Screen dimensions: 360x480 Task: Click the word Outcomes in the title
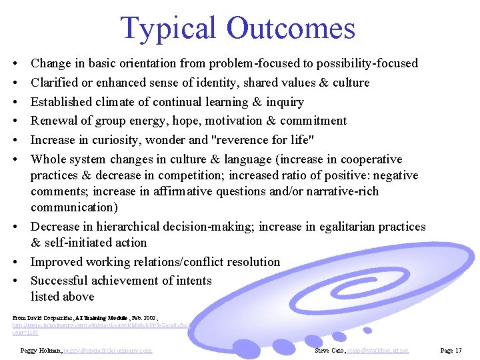(x=290, y=29)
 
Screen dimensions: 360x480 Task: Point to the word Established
(x=62, y=102)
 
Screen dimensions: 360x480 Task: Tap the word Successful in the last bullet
(x=60, y=281)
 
